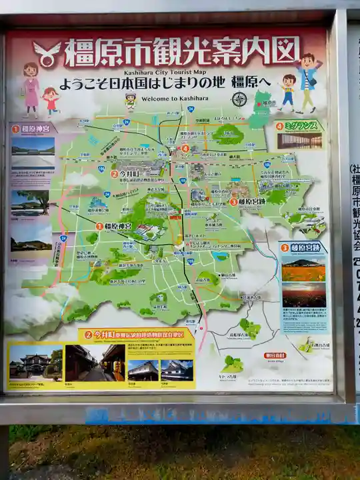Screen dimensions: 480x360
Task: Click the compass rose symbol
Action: point(239,99)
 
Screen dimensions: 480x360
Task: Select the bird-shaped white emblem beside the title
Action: point(47,53)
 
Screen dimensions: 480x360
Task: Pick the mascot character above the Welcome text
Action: point(131,101)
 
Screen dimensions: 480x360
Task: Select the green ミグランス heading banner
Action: point(299,125)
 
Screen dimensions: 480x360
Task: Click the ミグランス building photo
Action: point(299,141)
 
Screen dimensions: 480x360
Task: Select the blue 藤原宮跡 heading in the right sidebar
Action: point(301,247)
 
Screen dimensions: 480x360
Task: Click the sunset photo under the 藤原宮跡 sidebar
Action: point(304,294)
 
